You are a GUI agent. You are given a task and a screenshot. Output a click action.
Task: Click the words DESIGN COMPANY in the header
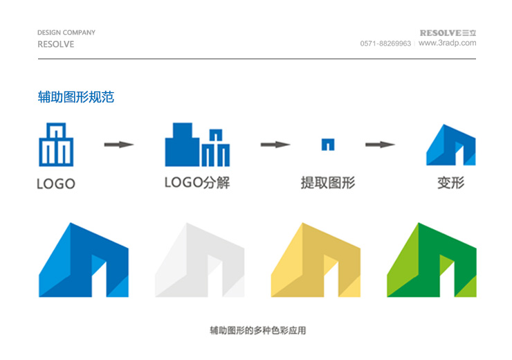click(66, 33)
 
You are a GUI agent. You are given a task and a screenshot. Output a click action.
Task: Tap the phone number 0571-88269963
click(385, 44)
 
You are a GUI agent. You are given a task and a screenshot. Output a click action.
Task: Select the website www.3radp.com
click(447, 43)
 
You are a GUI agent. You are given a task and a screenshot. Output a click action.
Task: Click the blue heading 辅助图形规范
click(75, 97)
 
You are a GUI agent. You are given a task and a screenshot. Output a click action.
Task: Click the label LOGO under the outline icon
click(56, 183)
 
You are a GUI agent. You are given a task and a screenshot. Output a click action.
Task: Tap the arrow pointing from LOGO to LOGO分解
click(119, 145)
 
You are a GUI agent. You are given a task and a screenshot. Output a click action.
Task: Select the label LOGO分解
click(197, 183)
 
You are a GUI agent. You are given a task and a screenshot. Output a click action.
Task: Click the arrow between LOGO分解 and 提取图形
click(275, 145)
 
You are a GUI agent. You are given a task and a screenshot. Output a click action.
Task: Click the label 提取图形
click(328, 183)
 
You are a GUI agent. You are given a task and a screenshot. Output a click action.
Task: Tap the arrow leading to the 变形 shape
click(380, 145)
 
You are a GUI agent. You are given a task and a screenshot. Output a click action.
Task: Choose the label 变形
click(451, 183)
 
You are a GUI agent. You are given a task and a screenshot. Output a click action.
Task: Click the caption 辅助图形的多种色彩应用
click(258, 331)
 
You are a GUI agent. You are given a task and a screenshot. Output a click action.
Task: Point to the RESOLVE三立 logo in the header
click(448, 33)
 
